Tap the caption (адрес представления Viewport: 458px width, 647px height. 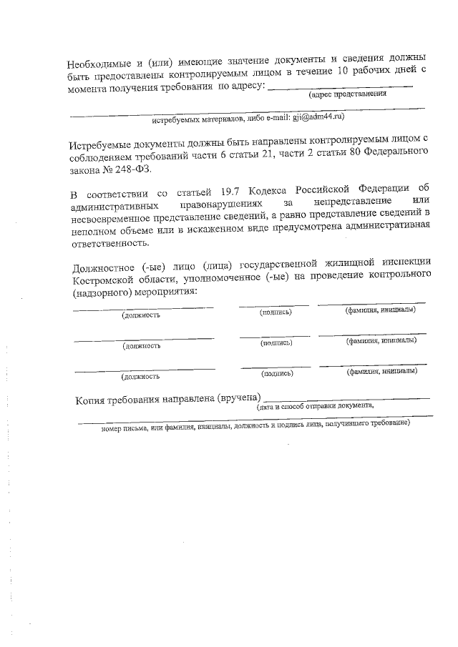tap(348, 93)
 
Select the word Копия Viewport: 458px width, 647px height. tap(91, 400)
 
